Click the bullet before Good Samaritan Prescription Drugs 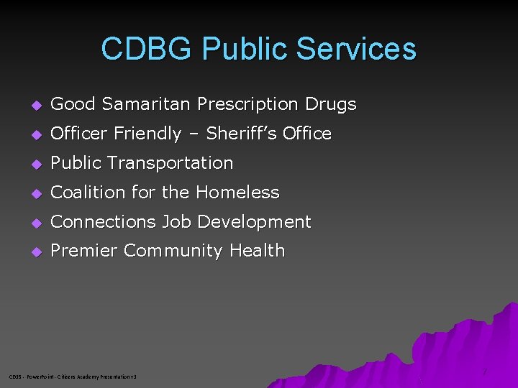coord(37,105)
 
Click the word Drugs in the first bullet coord(330,104)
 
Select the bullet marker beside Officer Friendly coord(37,134)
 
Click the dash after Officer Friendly coord(194,134)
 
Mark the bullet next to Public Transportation coord(37,164)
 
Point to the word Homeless coord(237,193)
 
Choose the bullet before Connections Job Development coord(37,223)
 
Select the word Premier coord(84,251)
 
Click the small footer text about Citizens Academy coord(72,377)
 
